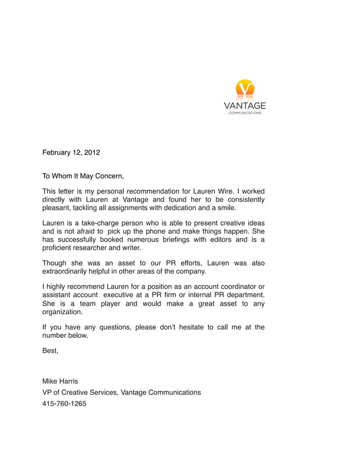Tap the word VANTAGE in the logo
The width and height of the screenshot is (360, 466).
(244, 106)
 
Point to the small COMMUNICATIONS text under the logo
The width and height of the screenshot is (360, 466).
(244, 113)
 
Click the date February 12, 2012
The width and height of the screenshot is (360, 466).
(71, 152)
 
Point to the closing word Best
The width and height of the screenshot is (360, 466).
(50, 351)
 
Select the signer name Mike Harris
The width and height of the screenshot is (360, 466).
(60, 381)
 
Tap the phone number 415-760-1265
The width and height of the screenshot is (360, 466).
(64, 403)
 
